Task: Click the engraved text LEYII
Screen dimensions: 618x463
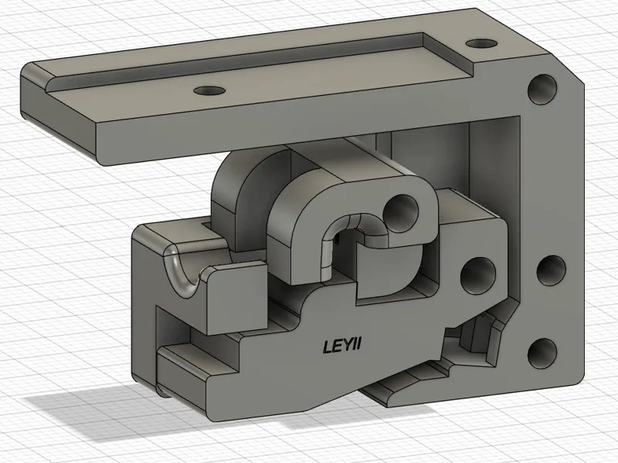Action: pos(342,346)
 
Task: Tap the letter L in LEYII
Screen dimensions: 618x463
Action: pos(328,346)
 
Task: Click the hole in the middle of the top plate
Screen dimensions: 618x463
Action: pos(209,90)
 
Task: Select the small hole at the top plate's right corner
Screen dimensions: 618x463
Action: pos(480,42)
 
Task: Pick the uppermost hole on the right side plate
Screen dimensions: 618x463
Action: pos(542,90)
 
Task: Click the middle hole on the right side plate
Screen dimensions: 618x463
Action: pos(552,271)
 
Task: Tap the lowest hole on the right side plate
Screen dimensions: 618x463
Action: pos(542,353)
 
